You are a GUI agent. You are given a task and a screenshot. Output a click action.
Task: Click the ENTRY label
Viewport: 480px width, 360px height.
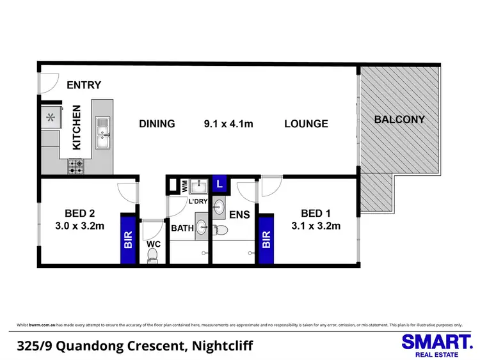(x=84, y=85)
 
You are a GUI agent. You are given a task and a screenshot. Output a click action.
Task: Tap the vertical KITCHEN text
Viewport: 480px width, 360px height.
(x=76, y=127)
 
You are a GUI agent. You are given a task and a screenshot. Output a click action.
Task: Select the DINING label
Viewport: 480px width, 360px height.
(x=157, y=124)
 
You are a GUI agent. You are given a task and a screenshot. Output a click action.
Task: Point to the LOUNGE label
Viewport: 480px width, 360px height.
(x=306, y=124)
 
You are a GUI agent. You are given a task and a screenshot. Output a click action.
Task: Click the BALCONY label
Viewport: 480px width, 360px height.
(x=399, y=120)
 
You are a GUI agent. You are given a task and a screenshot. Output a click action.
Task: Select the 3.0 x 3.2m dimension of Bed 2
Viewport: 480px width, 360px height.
(x=79, y=226)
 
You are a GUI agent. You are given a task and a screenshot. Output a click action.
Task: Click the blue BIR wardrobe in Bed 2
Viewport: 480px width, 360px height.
(x=129, y=239)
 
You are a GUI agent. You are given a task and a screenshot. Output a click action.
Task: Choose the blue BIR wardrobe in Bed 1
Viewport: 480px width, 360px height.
(x=266, y=239)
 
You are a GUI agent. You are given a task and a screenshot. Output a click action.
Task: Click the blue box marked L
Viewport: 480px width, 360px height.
(x=220, y=184)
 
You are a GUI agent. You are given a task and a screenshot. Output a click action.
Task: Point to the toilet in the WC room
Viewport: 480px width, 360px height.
(x=152, y=255)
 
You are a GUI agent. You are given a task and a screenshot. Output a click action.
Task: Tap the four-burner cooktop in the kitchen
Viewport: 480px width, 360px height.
(x=76, y=166)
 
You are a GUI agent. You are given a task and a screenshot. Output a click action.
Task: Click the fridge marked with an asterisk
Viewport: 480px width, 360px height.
(x=50, y=117)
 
